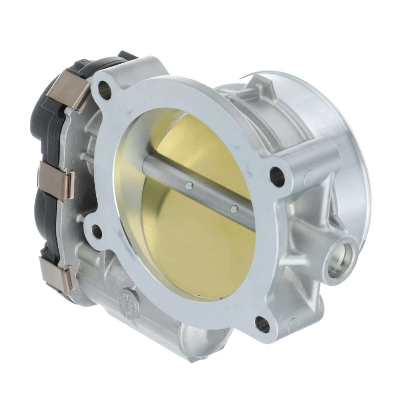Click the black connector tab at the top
[124, 56]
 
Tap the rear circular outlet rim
[352, 124]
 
